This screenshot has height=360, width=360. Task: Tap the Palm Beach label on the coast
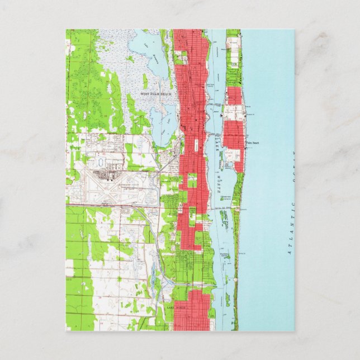(253, 143)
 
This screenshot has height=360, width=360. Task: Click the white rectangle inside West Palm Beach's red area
(197, 144)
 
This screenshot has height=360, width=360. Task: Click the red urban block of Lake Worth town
(190, 310)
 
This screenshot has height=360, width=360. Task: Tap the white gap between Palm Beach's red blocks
(234, 112)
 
